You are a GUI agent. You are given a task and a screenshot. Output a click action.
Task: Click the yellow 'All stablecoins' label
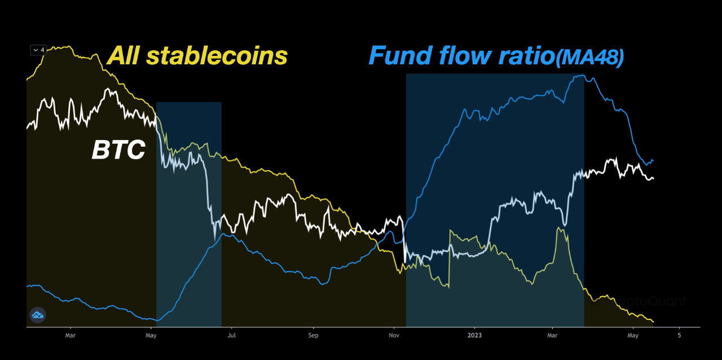197,56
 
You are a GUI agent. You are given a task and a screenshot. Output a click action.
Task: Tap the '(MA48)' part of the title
589,59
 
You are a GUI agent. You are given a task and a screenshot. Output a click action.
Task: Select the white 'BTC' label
118,151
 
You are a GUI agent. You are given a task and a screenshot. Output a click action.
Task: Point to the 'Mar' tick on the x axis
71,335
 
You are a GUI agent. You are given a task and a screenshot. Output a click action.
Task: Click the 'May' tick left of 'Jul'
151,335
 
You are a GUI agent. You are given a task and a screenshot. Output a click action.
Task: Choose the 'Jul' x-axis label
232,335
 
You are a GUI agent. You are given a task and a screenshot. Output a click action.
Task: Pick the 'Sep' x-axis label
313,335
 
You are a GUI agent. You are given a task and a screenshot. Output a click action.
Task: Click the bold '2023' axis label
474,335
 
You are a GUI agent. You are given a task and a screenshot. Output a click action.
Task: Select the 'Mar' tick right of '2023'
553,335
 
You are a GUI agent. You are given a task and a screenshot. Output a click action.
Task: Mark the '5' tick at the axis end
679,335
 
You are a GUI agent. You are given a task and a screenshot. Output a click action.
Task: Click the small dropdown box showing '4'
38,50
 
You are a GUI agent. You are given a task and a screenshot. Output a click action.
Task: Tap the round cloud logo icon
38,315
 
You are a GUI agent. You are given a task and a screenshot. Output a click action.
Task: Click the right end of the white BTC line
653,179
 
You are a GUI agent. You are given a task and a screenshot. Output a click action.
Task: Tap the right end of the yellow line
653,322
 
